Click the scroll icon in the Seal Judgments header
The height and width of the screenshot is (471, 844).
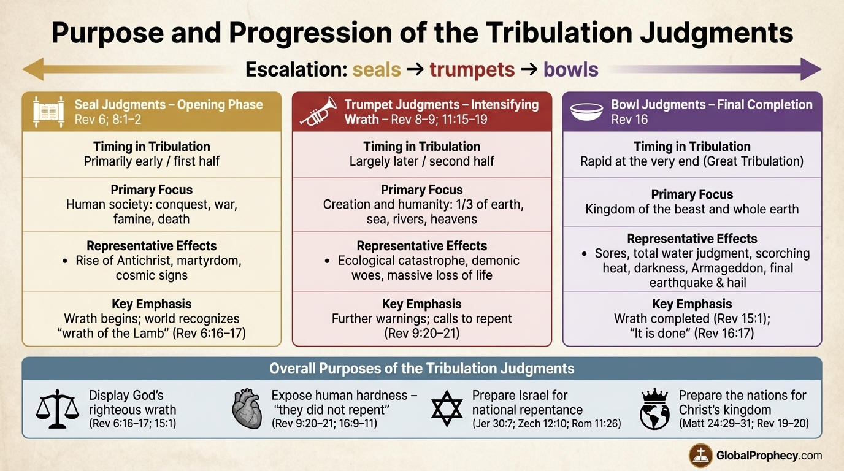coord(48,112)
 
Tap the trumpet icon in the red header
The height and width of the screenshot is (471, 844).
coord(318,111)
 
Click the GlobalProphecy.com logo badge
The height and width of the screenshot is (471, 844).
coord(700,455)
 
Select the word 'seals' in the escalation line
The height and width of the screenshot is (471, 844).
coord(377,69)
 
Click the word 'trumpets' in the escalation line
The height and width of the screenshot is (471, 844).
coord(471,69)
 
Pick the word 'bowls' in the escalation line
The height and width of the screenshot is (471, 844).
coord(570,69)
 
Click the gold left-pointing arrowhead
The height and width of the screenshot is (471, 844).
coord(32,69)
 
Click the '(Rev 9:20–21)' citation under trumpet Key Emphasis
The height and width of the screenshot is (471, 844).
coord(421,334)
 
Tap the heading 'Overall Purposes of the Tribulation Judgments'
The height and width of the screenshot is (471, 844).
coord(421,369)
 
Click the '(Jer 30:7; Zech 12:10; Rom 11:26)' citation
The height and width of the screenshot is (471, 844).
coord(546,423)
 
